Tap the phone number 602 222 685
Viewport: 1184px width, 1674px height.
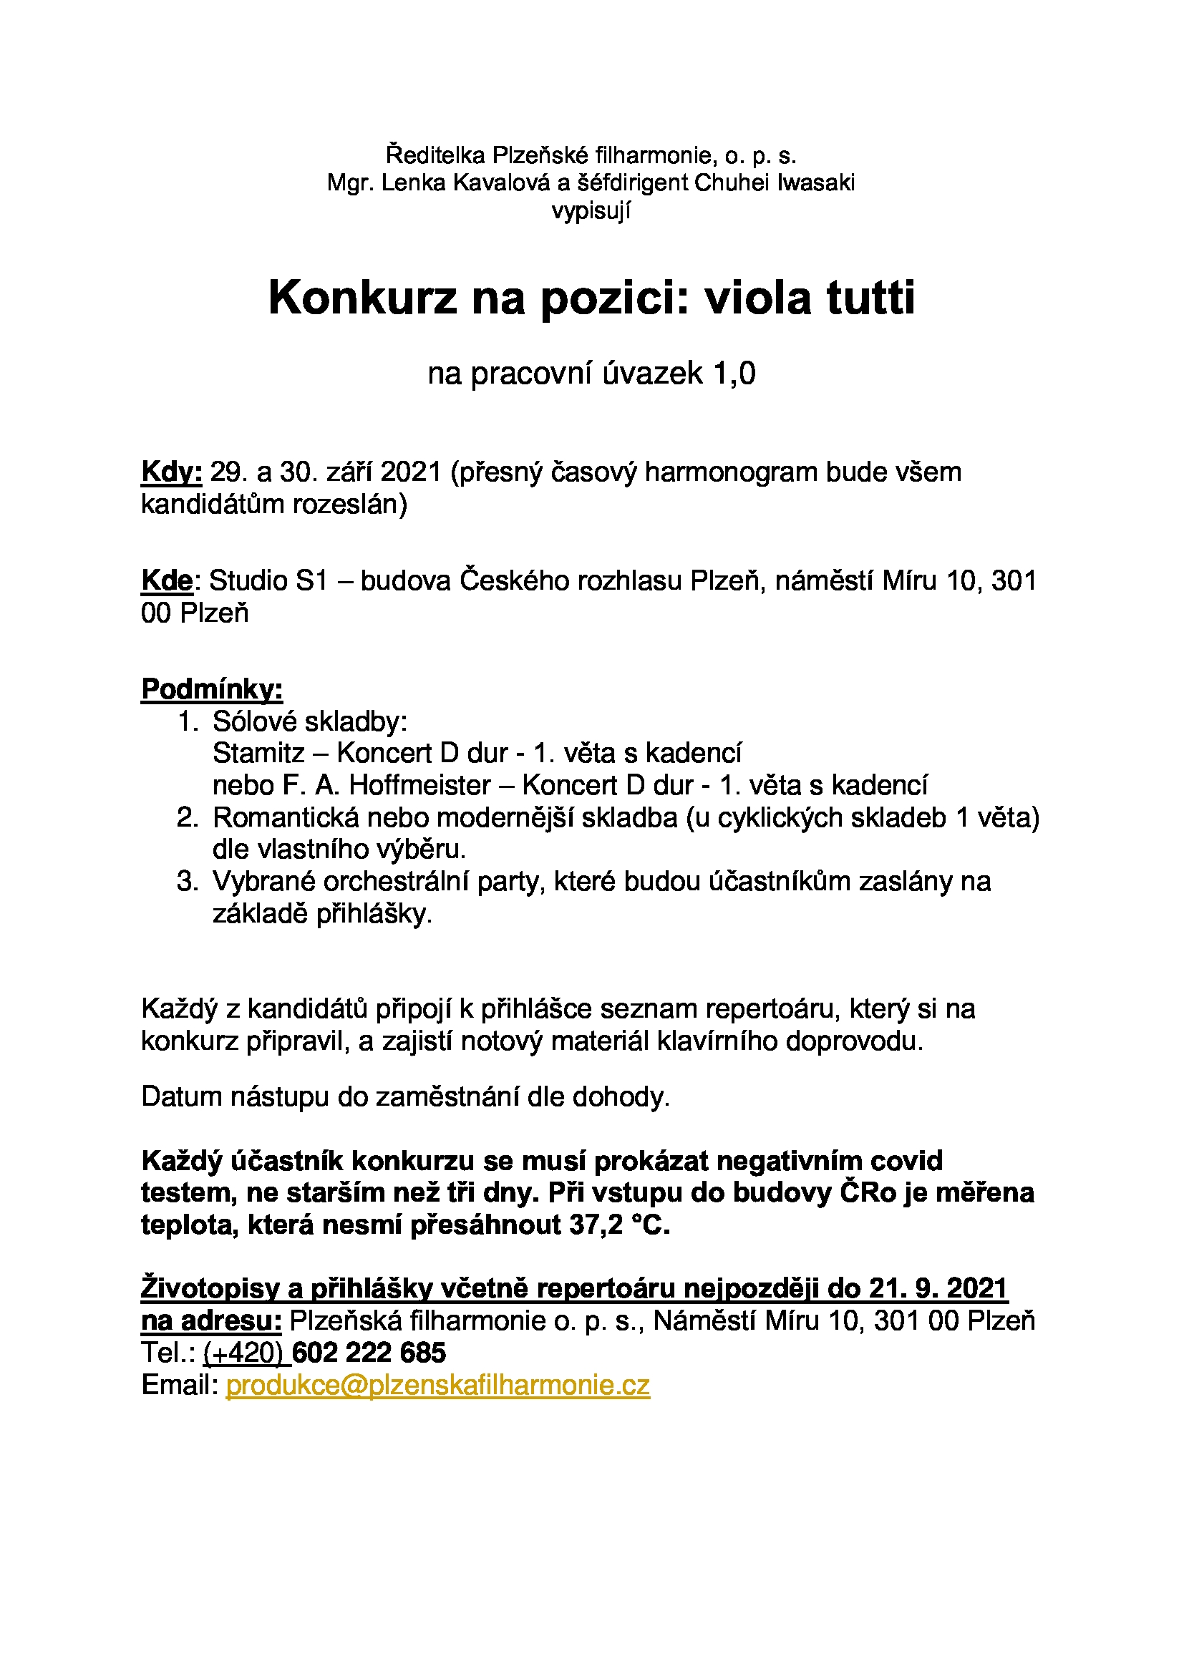coord(369,1353)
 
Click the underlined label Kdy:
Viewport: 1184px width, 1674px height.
coord(171,472)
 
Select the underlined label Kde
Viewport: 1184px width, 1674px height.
coord(167,580)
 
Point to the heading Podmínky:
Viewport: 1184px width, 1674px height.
coord(211,689)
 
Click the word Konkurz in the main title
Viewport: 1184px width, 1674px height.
coord(361,298)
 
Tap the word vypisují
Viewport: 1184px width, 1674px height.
coord(591,210)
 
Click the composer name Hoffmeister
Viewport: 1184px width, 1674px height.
coord(419,785)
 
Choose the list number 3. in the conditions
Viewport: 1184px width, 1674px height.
coord(188,882)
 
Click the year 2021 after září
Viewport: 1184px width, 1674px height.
coord(411,472)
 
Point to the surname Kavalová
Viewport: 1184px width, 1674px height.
coord(502,183)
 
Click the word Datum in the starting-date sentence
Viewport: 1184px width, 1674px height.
coord(182,1096)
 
